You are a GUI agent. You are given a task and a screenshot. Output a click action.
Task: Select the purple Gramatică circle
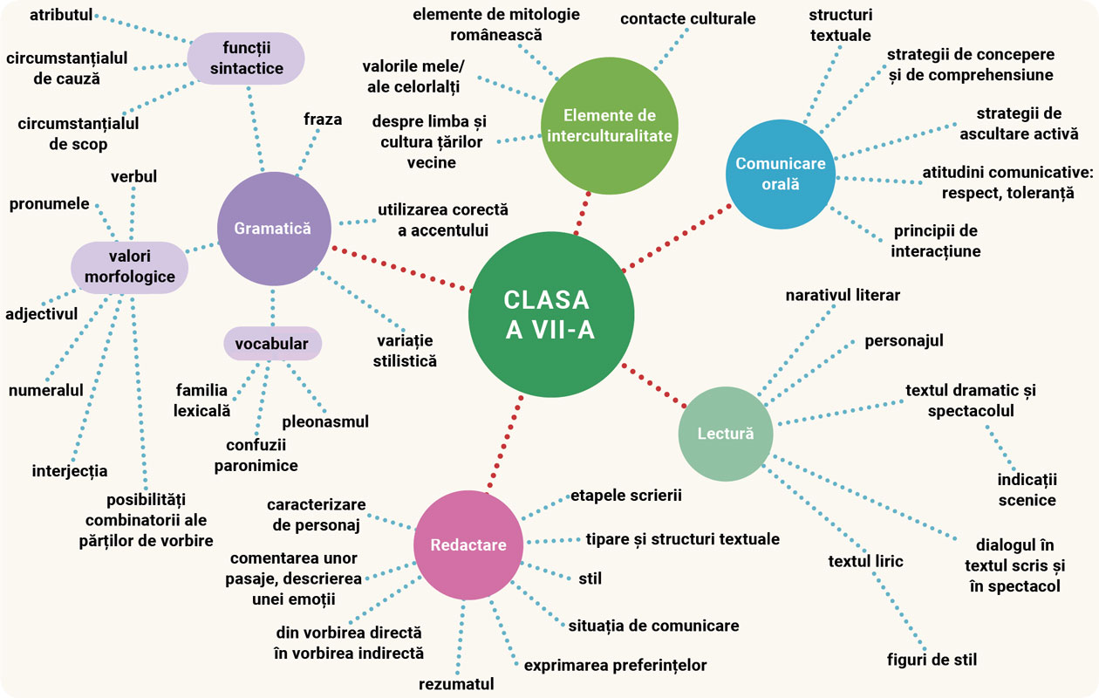pyautogui.click(x=273, y=229)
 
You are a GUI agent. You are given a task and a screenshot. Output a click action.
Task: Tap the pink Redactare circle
pyautogui.click(x=468, y=544)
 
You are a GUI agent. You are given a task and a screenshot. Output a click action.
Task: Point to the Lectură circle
pyautogui.click(x=726, y=434)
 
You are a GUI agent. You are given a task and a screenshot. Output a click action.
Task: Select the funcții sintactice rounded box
pyautogui.click(x=246, y=56)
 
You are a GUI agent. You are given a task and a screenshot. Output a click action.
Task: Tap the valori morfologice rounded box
pyautogui.click(x=129, y=267)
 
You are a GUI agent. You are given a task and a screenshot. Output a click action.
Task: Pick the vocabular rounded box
pyautogui.click(x=272, y=344)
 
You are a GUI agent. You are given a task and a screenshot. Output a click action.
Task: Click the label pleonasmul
pyautogui.click(x=325, y=421)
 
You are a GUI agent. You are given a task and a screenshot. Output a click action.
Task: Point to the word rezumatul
pyautogui.click(x=456, y=683)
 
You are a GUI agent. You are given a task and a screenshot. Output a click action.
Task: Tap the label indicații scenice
pyautogui.click(x=1027, y=489)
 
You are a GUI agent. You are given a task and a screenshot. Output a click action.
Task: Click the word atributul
pyautogui.click(x=60, y=15)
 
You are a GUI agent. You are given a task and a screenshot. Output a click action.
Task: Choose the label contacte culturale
pyautogui.click(x=687, y=18)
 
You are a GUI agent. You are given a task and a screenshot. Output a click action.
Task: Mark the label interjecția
pyautogui.click(x=70, y=471)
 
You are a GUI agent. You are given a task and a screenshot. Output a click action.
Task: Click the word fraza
pyautogui.click(x=323, y=119)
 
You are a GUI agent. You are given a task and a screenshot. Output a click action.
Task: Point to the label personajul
pyautogui.click(x=904, y=340)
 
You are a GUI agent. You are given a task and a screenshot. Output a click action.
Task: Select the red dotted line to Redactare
pyautogui.click(x=506, y=442)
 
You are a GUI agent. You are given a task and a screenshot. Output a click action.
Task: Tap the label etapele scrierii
pyautogui.click(x=625, y=496)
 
